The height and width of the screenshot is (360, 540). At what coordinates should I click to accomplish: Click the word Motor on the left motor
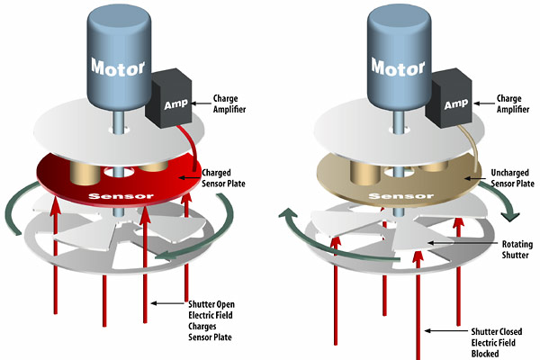click(118, 67)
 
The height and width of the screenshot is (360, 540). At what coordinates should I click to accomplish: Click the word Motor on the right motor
click(398, 67)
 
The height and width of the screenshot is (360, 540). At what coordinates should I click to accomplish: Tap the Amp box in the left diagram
click(169, 98)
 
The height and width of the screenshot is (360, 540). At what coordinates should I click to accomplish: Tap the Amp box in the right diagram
click(449, 98)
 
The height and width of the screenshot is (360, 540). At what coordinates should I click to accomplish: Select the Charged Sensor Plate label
click(223, 178)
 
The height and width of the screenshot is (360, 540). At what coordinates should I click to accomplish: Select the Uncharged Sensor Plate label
click(512, 178)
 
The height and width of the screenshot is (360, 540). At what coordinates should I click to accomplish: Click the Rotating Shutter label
click(517, 249)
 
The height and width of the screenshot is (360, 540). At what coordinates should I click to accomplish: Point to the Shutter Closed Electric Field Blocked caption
click(496, 342)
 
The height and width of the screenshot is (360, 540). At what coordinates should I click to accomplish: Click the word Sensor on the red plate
click(121, 196)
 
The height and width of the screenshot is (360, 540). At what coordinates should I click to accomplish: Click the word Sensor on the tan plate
click(400, 196)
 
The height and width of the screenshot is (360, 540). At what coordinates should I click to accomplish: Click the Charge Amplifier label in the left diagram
click(229, 103)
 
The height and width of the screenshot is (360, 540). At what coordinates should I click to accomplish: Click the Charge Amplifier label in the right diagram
click(512, 103)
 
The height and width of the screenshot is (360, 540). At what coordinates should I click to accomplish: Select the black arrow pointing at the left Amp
click(201, 103)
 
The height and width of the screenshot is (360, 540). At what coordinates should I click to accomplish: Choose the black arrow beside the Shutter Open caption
click(168, 303)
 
